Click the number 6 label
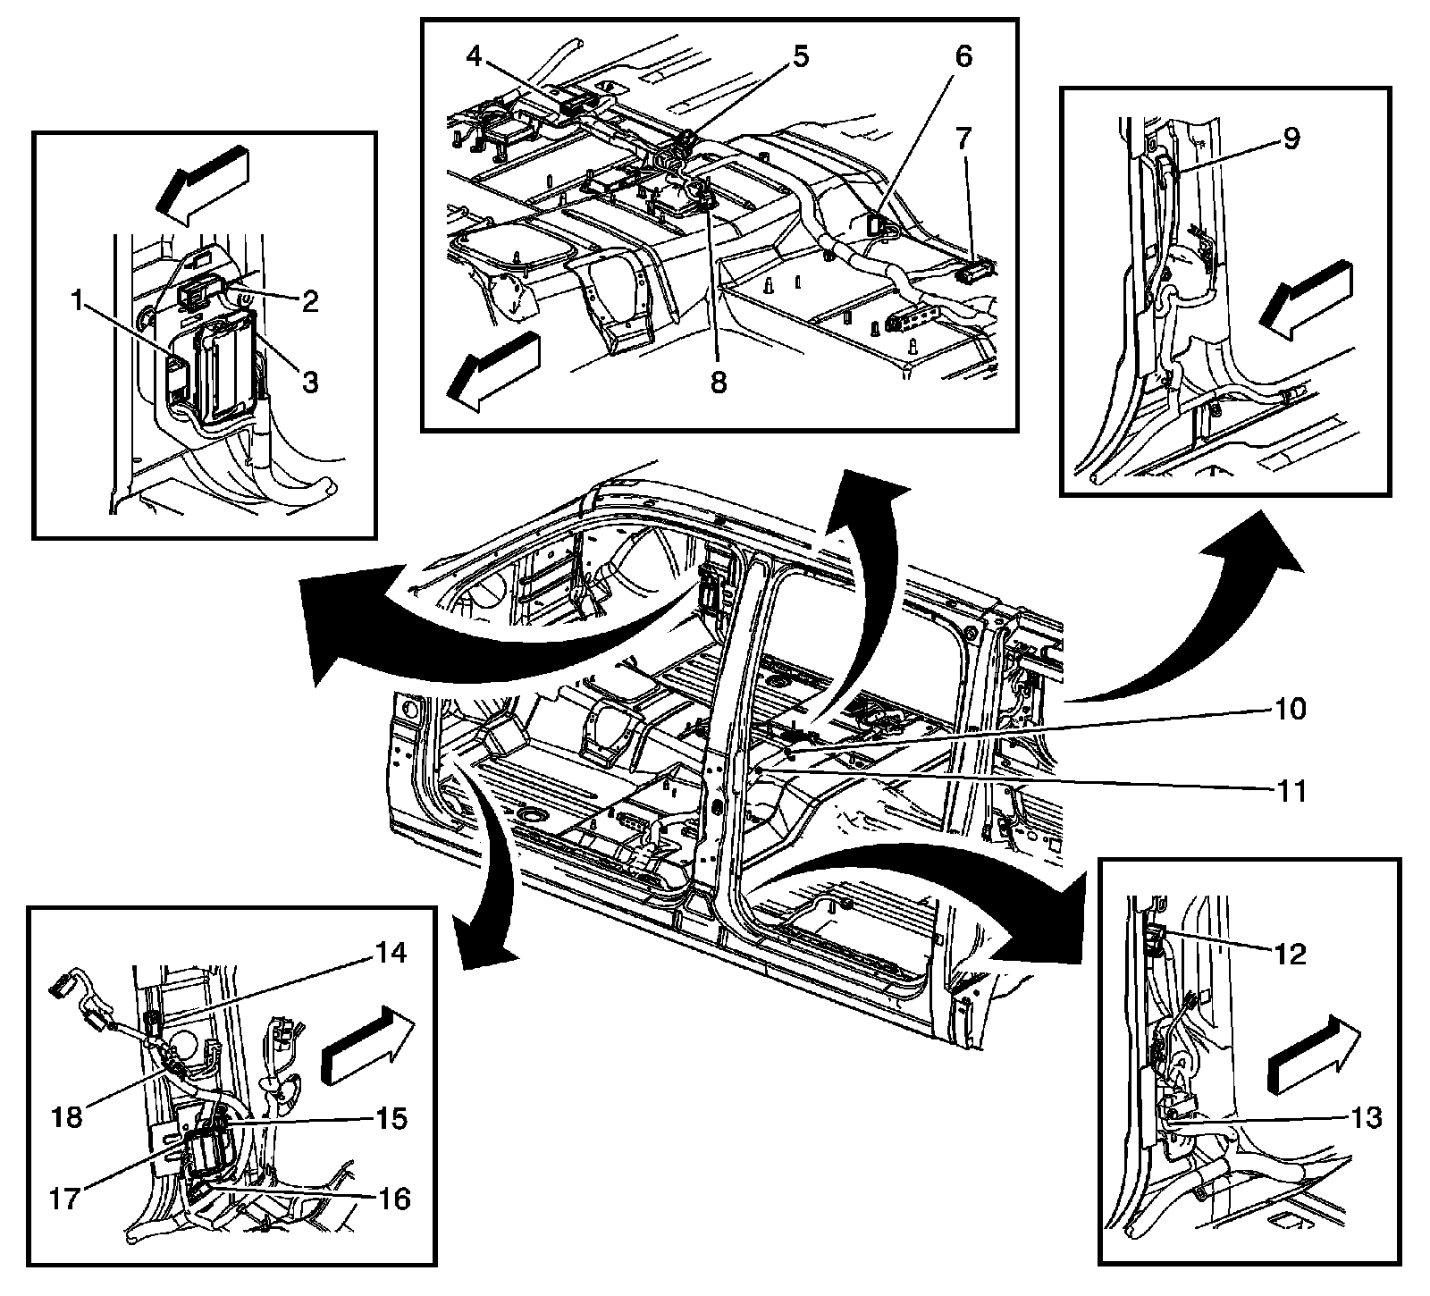pyautogui.click(x=963, y=57)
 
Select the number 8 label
pyautogui.click(x=719, y=382)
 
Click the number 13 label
pyautogui.click(x=1359, y=1117)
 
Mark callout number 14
pyautogui.click(x=387, y=954)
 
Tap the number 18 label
pyautogui.click(x=67, y=1117)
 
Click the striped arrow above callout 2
pyautogui.click(x=203, y=181)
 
